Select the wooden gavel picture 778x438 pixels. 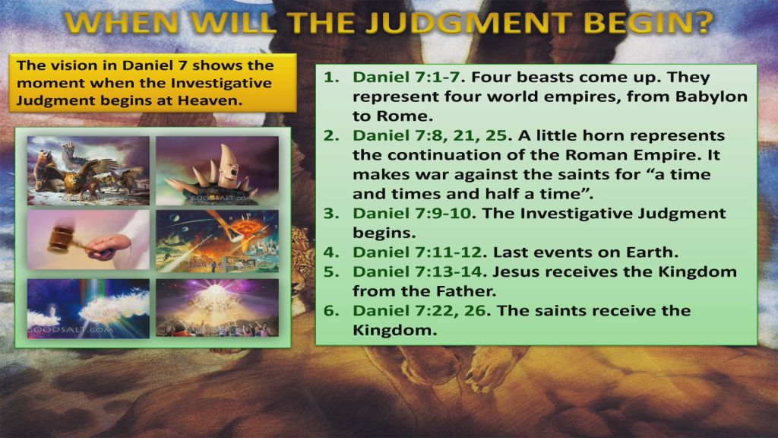click(89, 240)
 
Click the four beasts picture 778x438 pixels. click(89, 171)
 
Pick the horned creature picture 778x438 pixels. click(217, 171)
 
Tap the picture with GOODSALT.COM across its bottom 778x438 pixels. click(89, 308)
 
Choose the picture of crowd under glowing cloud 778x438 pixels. click(217, 308)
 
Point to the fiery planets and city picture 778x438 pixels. click(217, 240)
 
